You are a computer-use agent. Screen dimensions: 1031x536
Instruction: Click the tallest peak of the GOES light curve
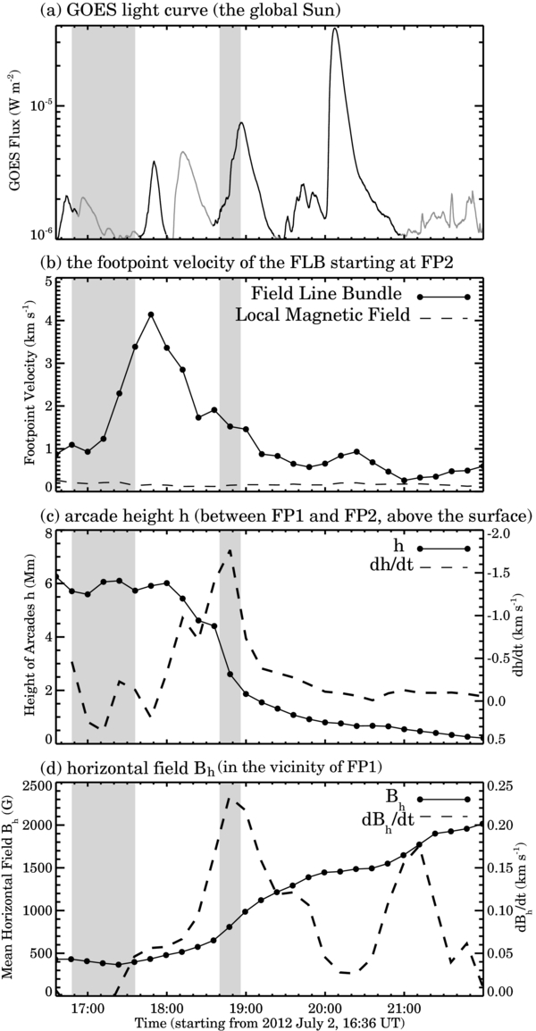(335, 29)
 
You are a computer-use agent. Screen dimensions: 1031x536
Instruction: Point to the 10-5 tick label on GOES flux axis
(39, 105)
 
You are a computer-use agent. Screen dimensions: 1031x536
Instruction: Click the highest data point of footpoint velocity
(151, 314)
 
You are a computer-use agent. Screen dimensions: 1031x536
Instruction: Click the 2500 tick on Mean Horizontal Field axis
(34, 785)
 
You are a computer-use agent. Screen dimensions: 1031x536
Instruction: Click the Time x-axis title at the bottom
(267, 1020)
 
